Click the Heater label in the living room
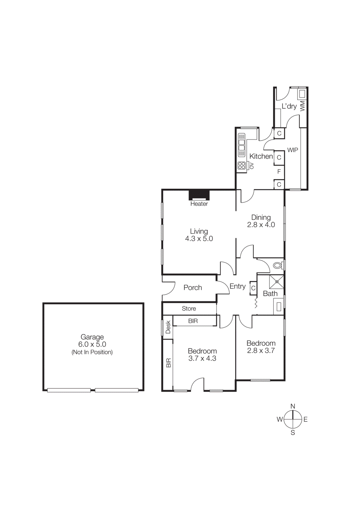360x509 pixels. [199, 204]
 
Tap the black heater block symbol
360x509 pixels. [199, 194]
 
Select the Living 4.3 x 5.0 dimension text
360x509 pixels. [199, 239]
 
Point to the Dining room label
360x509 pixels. [261, 218]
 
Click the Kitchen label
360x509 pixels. [261, 156]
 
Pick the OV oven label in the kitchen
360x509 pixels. [251, 165]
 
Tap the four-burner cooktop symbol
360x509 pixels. [242, 165]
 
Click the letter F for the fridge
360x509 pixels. [279, 171]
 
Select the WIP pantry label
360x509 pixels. [293, 150]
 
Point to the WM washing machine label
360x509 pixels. [302, 106]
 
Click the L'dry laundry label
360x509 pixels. [289, 106]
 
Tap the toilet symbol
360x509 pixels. [278, 265]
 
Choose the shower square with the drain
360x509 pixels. [277, 282]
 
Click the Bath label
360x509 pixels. [270, 294]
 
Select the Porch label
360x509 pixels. [193, 288]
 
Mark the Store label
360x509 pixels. [189, 309]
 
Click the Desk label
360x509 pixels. [168, 327]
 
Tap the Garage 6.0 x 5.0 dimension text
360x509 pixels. [92, 344]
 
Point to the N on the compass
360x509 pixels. [293, 406]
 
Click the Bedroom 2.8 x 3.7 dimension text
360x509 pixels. [261, 351]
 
